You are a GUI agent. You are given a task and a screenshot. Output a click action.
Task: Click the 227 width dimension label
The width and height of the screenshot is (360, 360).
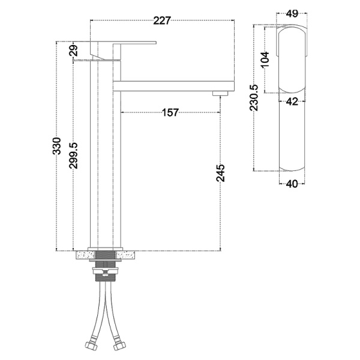162,20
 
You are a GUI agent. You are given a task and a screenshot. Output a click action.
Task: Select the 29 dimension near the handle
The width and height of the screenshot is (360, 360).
74,51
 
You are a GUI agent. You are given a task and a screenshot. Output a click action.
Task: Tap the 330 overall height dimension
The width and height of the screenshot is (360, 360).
57,146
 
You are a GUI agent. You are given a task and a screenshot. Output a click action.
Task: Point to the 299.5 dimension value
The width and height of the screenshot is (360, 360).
74,155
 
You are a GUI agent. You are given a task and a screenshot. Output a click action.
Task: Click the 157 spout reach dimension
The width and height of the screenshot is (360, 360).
170,113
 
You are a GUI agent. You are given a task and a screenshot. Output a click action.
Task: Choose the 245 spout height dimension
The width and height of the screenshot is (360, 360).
221,173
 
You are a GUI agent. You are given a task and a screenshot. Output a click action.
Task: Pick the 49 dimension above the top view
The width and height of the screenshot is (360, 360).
292,14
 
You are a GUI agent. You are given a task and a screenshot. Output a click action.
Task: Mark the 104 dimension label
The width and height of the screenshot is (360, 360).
265,59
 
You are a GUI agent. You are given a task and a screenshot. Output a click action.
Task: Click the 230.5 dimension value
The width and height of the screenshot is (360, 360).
254,98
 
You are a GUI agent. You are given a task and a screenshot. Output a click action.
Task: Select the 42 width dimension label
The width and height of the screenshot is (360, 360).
292,101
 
